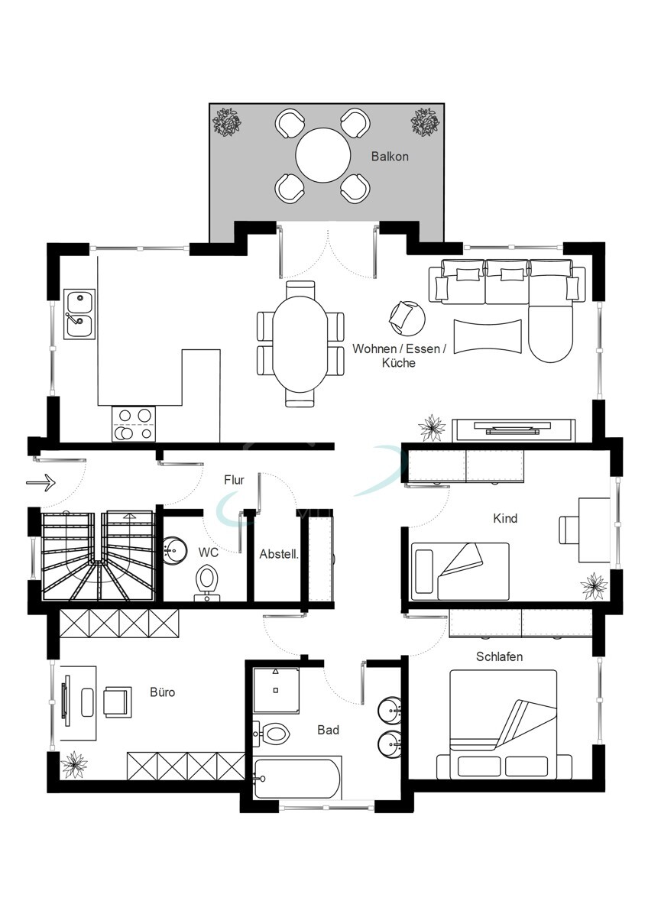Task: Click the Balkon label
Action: pyautogui.click(x=390, y=157)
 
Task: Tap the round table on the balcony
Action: pyautogui.click(x=323, y=155)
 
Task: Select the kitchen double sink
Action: pyautogui.click(x=79, y=313)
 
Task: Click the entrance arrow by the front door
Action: pyautogui.click(x=41, y=482)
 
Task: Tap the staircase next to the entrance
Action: pyautogui.click(x=98, y=556)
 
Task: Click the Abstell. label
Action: pyautogui.click(x=278, y=553)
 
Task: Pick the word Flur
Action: pyautogui.click(x=234, y=480)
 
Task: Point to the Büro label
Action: pyautogui.click(x=162, y=692)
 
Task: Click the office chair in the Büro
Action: pyautogui.click(x=117, y=700)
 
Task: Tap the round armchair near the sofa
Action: pyautogui.click(x=407, y=316)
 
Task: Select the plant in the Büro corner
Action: pyautogui.click(x=74, y=762)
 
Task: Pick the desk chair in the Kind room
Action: pyautogui.click(x=569, y=528)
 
